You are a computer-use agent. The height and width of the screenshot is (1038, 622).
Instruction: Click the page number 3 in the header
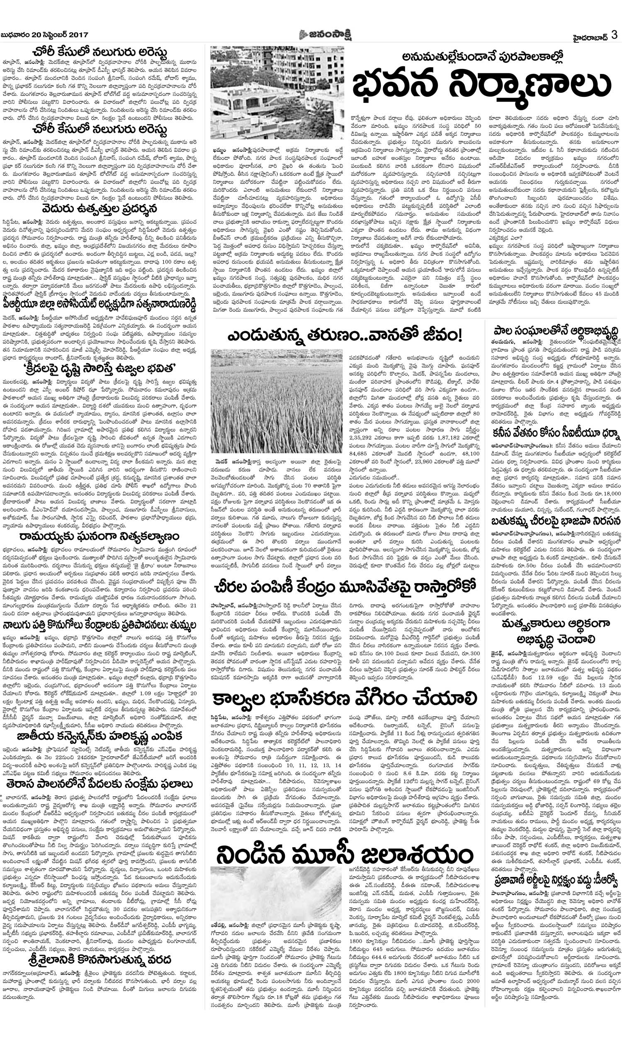point(615,35)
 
